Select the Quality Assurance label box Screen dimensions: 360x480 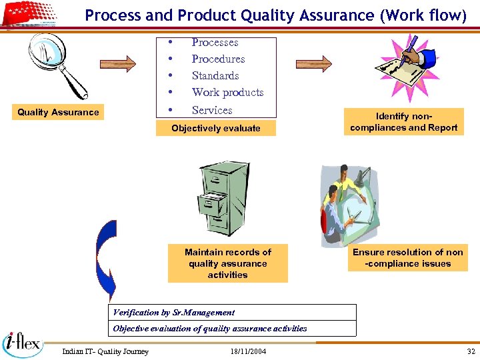[x=58, y=112]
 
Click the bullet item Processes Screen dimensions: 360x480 [x=215, y=42]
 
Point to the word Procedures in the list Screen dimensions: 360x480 [x=218, y=59]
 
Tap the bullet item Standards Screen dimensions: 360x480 [x=215, y=75]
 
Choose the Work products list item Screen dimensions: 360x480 [x=227, y=92]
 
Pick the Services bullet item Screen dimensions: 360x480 [x=212, y=110]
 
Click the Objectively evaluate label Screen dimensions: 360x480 [x=215, y=128]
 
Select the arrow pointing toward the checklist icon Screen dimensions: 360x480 [x=313, y=63]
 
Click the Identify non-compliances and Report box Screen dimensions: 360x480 [x=403, y=122]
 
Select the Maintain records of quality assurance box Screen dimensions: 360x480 [x=228, y=263]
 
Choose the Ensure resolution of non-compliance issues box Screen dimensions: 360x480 [x=407, y=258]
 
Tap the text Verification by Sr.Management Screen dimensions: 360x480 [x=174, y=312]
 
